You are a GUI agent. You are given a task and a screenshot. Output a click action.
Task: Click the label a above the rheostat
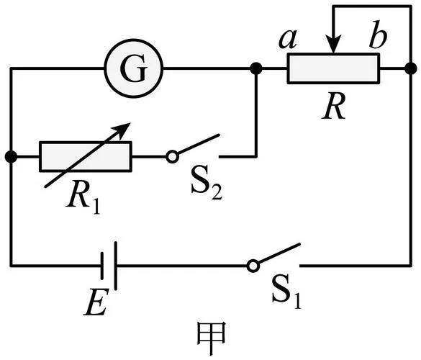pos(288,39)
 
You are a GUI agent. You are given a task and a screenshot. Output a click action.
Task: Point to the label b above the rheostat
pos(378,35)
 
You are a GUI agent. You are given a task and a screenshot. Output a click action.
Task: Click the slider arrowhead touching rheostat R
pos(333,44)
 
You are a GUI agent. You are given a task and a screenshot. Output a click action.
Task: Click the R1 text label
pos(83,197)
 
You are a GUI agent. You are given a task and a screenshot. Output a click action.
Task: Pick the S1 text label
pos(286,292)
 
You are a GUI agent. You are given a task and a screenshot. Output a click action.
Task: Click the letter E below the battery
pos(96,302)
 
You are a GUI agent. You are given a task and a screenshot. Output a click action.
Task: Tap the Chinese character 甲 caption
pos(212,338)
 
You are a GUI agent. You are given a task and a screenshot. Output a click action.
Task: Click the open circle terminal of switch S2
pos(172,156)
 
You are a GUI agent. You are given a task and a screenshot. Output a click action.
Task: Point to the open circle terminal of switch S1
pos(253,266)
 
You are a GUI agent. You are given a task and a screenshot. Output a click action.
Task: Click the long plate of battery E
pos(115,266)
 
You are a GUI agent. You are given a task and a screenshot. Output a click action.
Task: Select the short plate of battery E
pos(102,266)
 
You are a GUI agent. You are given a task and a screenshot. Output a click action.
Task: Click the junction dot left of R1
pos(11,156)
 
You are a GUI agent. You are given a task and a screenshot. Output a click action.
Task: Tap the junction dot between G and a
pos(256,68)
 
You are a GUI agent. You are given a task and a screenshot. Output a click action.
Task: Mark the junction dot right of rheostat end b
pos(411,68)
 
